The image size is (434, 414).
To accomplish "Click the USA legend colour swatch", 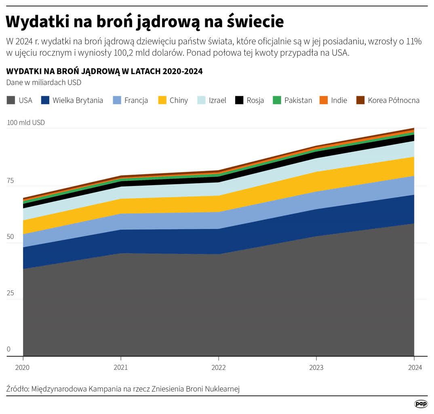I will point(11,100).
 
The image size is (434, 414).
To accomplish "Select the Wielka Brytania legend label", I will point(78,100).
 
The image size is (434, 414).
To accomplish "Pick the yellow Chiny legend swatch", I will point(162,100).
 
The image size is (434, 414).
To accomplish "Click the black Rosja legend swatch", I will point(240,100).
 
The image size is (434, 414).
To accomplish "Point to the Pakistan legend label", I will point(298,100).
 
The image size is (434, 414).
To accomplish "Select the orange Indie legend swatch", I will point(324,100).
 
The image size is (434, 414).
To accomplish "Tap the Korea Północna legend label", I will point(394,100).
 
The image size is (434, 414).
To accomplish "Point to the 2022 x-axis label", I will point(219,368).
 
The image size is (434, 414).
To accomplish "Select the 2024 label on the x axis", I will point(414,368).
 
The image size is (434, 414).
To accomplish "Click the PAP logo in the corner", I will point(421,403).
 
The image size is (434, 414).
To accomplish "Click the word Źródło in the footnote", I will point(17,389).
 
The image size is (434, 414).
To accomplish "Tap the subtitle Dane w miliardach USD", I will point(44,82).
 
